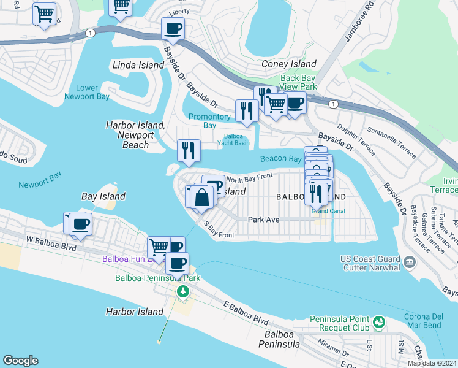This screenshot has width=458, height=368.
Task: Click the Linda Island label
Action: coord(138,65)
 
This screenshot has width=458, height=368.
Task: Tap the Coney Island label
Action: coord(289,64)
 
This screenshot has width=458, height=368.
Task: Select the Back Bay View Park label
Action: coord(299,82)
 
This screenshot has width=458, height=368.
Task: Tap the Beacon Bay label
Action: coord(280,159)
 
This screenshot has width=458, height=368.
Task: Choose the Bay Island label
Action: coord(103,196)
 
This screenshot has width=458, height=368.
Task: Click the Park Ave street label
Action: coord(263,219)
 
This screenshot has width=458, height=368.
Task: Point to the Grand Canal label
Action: coord(328,211)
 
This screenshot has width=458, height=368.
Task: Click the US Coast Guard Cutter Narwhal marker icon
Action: coord(410,262)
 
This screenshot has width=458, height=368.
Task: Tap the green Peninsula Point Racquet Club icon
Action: coord(379,320)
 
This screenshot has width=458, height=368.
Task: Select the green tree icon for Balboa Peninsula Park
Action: coord(182,291)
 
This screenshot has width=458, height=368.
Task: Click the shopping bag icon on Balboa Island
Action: coord(202,197)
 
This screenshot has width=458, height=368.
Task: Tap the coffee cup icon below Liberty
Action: coord(173,28)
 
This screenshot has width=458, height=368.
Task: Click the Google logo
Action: coord(20,361)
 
